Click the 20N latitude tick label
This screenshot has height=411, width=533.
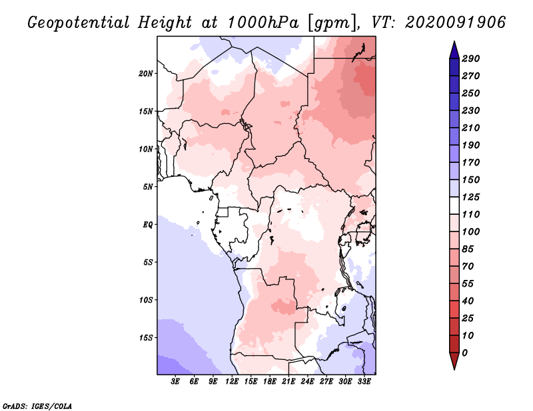146,74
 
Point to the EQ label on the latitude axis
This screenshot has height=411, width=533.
148,225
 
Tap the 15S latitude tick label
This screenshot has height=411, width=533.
146,338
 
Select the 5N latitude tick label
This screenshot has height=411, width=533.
148,187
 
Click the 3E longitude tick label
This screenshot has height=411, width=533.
175,382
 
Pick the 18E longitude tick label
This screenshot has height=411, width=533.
270,382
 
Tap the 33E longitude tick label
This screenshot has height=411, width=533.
364,382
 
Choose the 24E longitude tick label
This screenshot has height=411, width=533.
307,382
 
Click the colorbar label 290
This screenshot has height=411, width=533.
471,59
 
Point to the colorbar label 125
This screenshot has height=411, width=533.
471,197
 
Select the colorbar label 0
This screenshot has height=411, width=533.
465,353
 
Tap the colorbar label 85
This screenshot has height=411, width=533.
468,249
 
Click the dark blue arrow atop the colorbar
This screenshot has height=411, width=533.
454,51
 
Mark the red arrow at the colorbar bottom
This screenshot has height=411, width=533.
454,361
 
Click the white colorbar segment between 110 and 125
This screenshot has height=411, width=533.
454,205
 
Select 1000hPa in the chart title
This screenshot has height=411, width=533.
263,23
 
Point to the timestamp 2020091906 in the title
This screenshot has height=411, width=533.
456,23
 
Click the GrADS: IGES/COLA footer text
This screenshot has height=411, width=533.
37,406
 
